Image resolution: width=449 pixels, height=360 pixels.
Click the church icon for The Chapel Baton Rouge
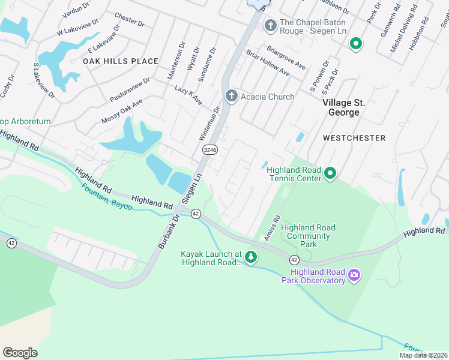click(x=270, y=26)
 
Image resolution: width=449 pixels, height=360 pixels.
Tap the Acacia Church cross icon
click(x=231, y=96)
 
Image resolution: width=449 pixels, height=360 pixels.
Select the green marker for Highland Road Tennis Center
click(x=330, y=174)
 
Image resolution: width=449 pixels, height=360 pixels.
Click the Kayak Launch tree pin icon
click(x=251, y=258)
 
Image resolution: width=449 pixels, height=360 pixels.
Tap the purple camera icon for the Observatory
click(x=354, y=275)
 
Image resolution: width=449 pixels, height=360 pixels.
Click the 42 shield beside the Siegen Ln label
click(x=196, y=214)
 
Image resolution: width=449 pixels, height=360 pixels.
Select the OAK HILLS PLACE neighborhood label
click(x=121, y=61)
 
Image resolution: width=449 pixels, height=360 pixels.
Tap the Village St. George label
click(x=349, y=107)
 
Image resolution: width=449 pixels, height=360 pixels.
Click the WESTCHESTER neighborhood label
click(x=354, y=138)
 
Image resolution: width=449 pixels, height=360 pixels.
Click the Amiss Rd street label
click(x=271, y=228)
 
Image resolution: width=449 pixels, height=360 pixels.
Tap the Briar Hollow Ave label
click(x=268, y=63)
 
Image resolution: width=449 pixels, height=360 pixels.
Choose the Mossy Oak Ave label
click(x=122, y=110)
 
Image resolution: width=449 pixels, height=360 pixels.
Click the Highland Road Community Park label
click(x=308, y=236)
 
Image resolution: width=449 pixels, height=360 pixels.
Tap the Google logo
click(x=20, y=353)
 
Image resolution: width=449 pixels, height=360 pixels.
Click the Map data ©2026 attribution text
click(x=423, y=355)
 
